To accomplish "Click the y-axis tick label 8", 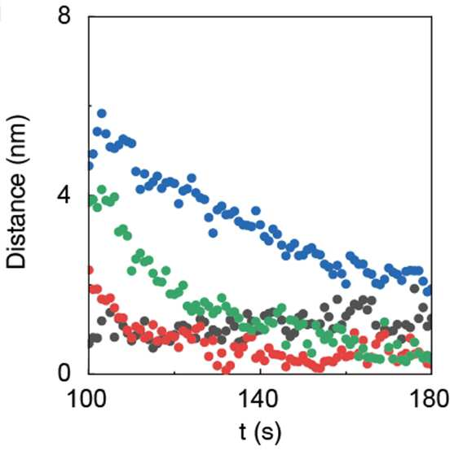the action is [x=64, y=15].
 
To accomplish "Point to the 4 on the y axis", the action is [x=64, y=195].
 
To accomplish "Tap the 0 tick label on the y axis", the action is [x=64, y=373].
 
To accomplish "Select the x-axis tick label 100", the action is [x=86, y=399].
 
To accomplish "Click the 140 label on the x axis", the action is [x=259, y=399].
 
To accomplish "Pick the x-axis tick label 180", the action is [x=430, y=399].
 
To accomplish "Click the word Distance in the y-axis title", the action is [x=16, y=222].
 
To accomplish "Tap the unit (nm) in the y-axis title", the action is [x=17, y=142].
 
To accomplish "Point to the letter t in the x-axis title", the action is [x=243, y=432].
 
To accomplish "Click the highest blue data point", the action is [x=101, y=113].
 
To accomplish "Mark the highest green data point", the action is [x=102, y=190].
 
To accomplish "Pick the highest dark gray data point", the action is [x=415, y=288].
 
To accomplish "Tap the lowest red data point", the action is [x=226, y=370].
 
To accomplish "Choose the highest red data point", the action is [x=90, y=270].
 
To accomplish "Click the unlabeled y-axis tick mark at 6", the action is [x=90, y=106].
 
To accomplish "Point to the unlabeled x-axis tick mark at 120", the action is [x=174, y=373].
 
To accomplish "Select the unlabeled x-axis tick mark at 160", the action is [x=346, y=373].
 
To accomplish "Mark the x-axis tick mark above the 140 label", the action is [x=260, y=372].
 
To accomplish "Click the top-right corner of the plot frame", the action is [x=432, y=17].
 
